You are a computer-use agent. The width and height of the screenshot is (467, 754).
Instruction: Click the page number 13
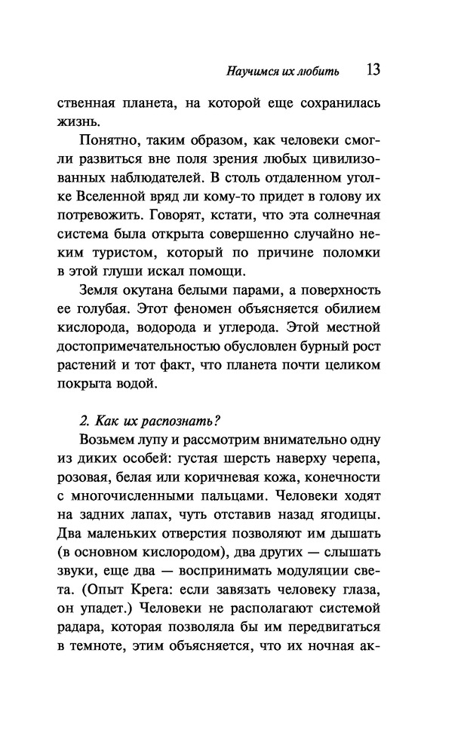[x=373, y=71]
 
